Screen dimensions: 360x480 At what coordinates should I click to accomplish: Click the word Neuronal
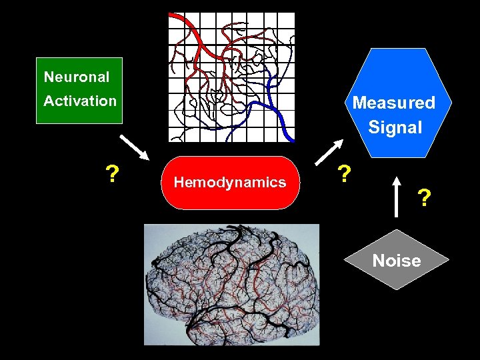coord(77,77)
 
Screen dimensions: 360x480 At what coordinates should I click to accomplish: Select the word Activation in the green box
coord(80,101)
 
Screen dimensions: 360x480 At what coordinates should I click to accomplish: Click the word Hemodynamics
coord(230,183)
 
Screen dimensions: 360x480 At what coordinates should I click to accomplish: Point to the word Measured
coord(393,103)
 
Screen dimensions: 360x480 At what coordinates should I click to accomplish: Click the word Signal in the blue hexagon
coord(395,127)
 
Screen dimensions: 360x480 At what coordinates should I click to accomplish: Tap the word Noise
coord(397,261)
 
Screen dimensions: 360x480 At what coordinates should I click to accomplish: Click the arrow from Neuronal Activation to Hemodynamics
coord(133,148)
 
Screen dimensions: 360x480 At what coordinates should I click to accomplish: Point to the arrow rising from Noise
coord(397,197)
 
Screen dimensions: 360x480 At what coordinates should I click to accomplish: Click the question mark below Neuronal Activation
coord(113,175)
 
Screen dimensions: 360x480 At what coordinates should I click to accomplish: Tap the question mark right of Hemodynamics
coord(344,175)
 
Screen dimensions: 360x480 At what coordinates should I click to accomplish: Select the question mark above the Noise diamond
coord(424,198)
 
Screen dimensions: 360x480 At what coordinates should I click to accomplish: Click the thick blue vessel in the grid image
coord(277,107)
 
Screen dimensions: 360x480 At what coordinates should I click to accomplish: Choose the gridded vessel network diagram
coord(231,77)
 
